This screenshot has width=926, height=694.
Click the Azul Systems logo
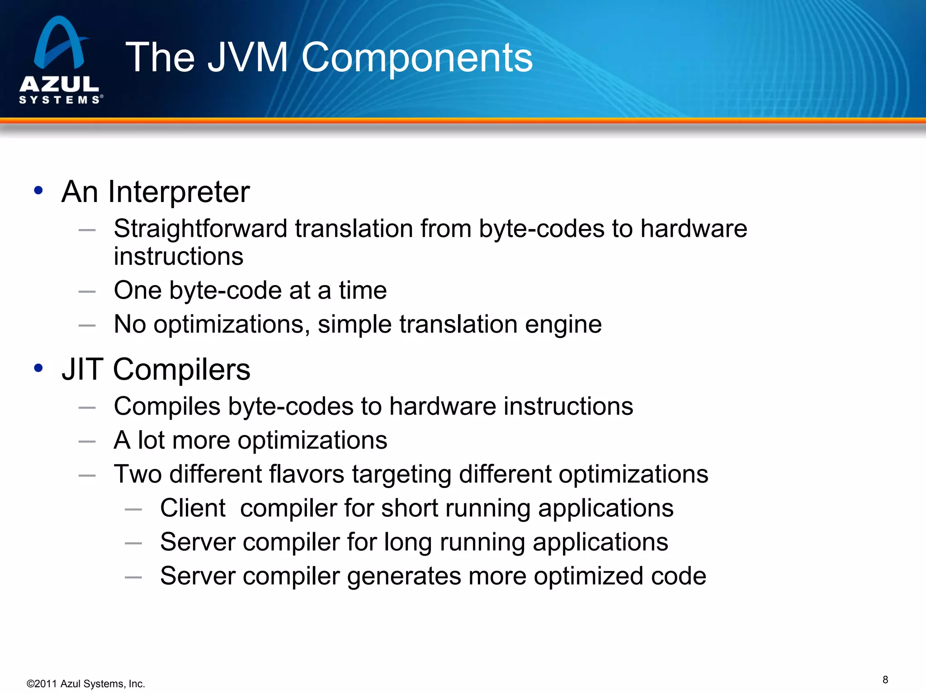[x=60, y=60]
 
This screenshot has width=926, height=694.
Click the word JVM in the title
[x=248, y=57]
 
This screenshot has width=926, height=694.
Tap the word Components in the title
[x=417, y=58]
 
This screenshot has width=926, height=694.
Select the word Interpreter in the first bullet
[x=179, y=192]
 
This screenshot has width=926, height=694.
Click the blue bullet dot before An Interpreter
[x=38, y=190]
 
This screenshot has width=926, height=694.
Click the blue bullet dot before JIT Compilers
[x=38, y=368]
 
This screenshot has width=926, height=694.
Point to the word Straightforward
[x=200, y=229]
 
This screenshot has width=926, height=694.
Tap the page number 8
[x=885, y=680]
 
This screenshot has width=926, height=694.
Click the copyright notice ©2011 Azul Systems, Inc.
[x=86, y=684]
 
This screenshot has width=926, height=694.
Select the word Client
[x=193, y=508]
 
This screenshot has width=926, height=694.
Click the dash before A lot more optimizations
[x=87, y=441]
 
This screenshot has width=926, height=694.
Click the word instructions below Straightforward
[x=179, y=257]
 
